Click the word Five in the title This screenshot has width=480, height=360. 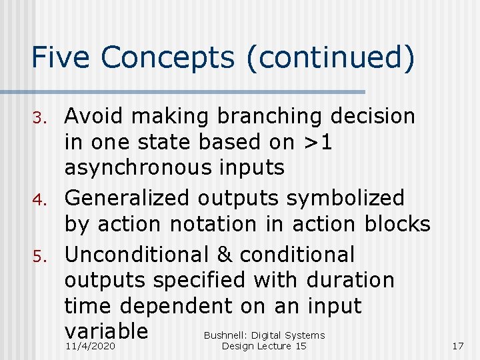tap(61, 59)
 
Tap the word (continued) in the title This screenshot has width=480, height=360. tap(331, 59)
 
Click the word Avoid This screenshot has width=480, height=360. tap(94, 117)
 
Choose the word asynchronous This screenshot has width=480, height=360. tap(174, 168)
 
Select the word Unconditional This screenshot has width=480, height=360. tap(143, 255)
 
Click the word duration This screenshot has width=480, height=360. tap(350, 280)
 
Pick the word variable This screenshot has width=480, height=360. tap(106, 331)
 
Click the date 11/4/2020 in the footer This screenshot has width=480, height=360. tap(91, 347)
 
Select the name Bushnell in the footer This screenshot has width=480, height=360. tap(225, 335)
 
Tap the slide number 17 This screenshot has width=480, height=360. tap(457, 347)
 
